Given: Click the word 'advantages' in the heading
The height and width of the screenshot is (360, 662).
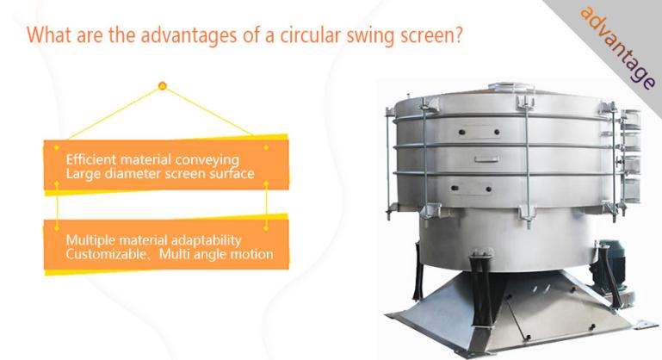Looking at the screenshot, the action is (x=189, y=35).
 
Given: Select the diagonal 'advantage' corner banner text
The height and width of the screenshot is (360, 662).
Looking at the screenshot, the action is (x=618, y=47).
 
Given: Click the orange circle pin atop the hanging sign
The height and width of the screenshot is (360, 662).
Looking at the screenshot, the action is (x=162, y=86).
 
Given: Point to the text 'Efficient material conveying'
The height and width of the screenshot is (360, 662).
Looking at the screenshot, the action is (x=152, y=160).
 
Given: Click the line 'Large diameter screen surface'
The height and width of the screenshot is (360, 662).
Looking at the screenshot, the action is (x=160, y=174).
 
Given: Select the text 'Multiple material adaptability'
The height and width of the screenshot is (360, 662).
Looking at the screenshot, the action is (x=154, y=240).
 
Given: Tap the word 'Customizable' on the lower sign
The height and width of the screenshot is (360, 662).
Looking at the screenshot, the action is (x=106, y=254).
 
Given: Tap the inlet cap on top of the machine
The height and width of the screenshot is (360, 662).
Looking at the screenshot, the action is (x=511, y=87).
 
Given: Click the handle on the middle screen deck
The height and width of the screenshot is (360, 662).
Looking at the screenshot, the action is (x=486, y=159).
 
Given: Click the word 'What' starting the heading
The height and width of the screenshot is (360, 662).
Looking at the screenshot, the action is (x=49, y=34).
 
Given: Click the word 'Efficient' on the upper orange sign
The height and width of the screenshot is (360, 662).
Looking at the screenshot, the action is (x=90, y=159).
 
